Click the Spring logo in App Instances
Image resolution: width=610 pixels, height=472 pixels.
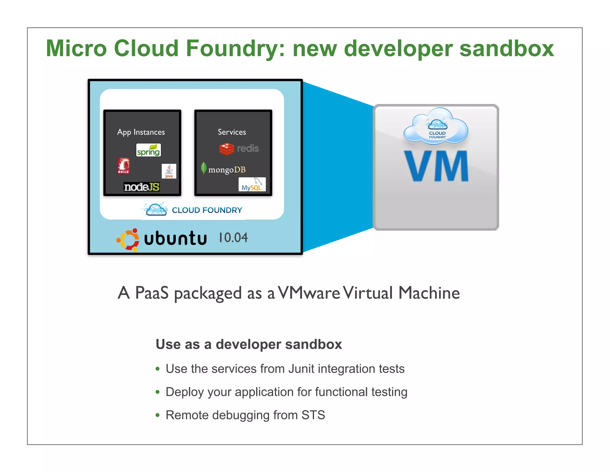[x=148, y=150]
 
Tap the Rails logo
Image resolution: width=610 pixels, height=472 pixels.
[x=123, y=166]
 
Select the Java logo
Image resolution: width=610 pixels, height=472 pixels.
[x=169, y=171]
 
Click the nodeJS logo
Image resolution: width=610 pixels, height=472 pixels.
[x=141, y=187]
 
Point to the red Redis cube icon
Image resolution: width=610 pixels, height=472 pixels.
[x=227, y=149]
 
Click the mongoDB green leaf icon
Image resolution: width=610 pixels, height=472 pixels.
[x=204, y=168]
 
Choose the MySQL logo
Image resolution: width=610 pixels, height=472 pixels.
[x=252, y=185]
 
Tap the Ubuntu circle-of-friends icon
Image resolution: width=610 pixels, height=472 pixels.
[x=128, y=240]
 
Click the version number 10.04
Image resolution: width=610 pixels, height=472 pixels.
[x=233, y=237]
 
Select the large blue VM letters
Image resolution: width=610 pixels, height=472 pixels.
[x=436, y=166]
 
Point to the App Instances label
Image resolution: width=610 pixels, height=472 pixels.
[x=141, y=132]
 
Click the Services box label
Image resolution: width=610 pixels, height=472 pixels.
[x=232, y=132]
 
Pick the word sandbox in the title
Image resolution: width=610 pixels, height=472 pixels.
[x=507, y=49]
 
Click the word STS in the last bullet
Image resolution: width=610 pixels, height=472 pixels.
[x=313, y=415]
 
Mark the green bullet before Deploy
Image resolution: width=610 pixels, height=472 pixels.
[x=158, y=392]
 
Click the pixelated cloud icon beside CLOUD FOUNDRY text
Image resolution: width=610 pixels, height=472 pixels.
[x=155, y=209]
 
